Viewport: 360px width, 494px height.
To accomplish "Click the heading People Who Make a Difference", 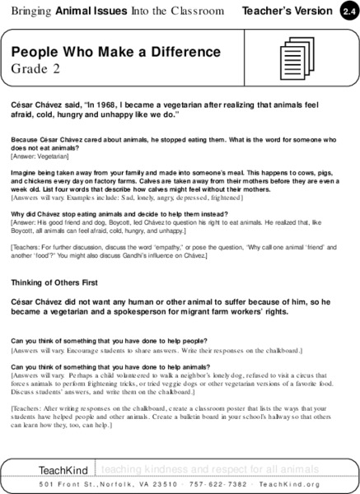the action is [115, 52].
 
